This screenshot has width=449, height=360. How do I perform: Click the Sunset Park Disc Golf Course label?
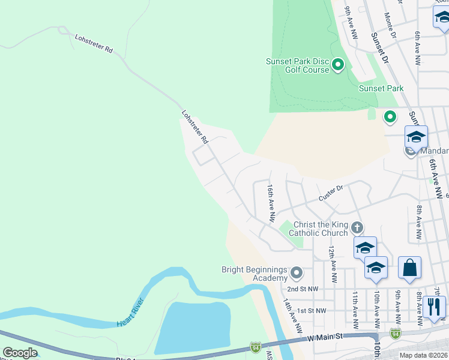(298, 65)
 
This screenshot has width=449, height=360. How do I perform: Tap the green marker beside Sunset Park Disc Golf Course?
(337, 64)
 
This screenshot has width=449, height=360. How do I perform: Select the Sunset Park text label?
(381, 88)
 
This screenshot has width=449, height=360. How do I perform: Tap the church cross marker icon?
(357, 227)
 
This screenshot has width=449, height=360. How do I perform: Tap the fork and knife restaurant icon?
(434, 307)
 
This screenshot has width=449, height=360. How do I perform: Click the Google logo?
(20, 353)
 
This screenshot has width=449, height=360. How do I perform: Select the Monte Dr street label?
(390, 26)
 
